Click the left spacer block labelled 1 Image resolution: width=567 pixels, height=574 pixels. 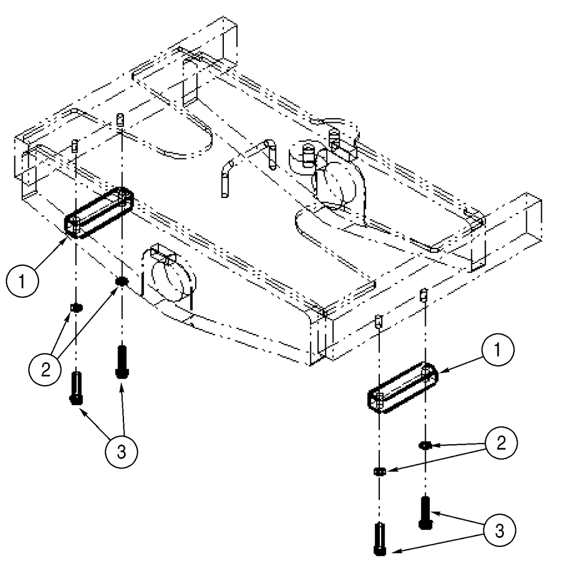click(x=99, y=211)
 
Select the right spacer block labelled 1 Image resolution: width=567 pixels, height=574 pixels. click(x=403, y=388)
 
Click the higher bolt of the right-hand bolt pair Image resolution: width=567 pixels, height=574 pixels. click(x=425, y=513)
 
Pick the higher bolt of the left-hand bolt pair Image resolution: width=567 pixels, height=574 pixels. click(x=121, y=361)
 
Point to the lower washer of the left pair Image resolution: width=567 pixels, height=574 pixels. click(x=75, y=308)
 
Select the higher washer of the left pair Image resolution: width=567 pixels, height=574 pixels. click(x=120, y=281)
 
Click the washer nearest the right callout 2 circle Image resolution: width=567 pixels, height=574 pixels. click(x=425, y=445)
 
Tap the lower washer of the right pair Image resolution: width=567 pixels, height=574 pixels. click(x=379, y=471)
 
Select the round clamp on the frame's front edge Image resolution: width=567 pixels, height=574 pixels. click(x=172, y=277)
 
